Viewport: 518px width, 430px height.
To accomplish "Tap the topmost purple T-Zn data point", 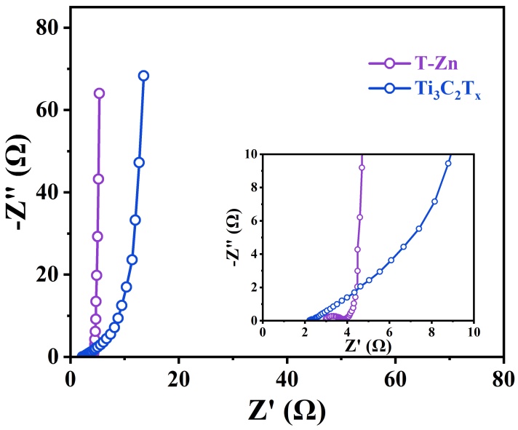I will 99,93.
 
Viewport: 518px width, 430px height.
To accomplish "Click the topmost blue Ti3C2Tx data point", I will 143,76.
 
